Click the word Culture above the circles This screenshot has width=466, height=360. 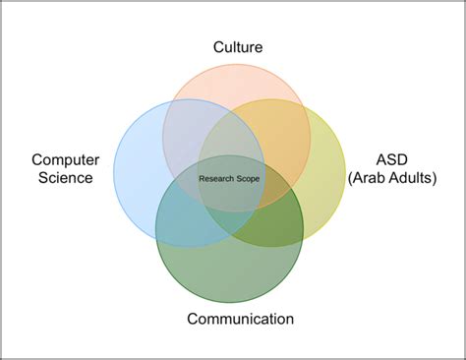pyautogui.click(x=239, y=46)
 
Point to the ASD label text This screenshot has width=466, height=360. pyautogui.click(x=392, y=159)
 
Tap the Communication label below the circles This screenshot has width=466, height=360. pyautogui.click(x=240, y=318)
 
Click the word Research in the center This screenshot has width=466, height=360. pyautogui.click(x=218, y=178)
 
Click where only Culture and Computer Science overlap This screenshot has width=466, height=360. pyautogui.click(x=182, y=123)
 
